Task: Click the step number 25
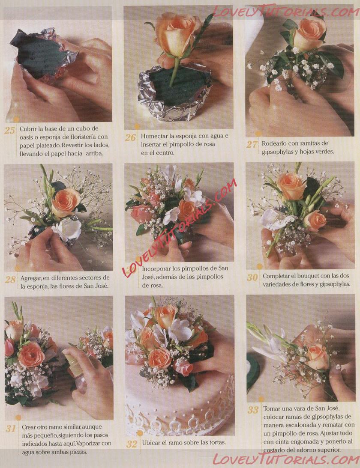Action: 9,131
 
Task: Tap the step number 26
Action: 130,137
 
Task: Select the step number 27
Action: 252,144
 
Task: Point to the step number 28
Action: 10,279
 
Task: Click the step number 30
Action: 252,277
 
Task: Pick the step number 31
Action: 11,429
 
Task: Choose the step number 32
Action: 132,444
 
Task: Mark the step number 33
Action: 253,410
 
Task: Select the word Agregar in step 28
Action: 31,278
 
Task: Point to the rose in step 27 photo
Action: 308,34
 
